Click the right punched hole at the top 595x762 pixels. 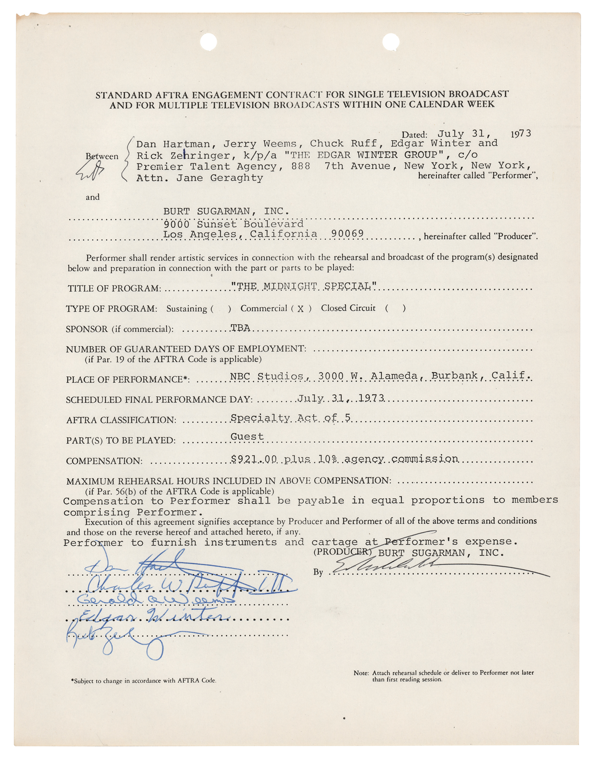pos(390,42)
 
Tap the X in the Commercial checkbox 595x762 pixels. pos(301,309)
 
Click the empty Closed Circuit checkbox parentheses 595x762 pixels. pos(395,308)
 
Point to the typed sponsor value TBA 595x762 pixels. pos(240,328)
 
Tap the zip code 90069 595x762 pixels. pos(347,234)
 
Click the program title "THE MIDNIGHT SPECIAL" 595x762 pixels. pos(304,286)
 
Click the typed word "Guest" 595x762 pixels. pos(247,437)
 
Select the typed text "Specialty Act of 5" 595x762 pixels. pos(290,418)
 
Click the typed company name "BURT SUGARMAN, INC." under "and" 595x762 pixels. pos(226,211)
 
